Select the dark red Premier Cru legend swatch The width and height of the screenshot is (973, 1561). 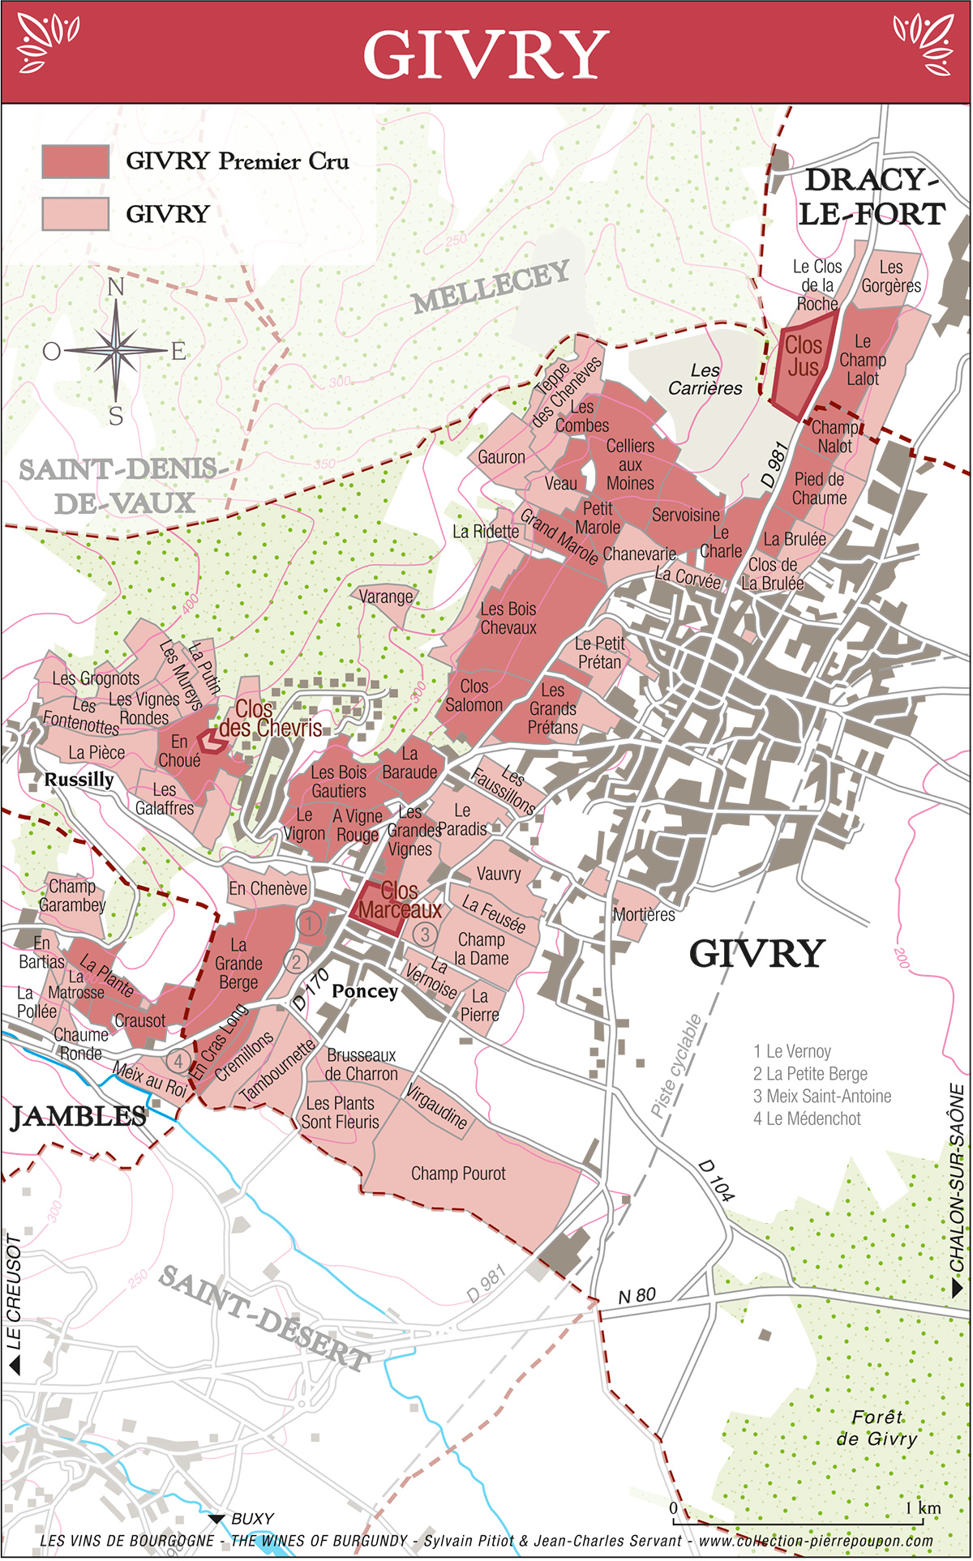[75, 162]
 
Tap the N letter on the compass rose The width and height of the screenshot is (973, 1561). [116, 288]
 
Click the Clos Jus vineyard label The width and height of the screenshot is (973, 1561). [803, 357]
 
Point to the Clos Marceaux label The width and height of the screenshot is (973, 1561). [399, 900]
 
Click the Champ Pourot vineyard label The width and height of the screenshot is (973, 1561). [458, 1174]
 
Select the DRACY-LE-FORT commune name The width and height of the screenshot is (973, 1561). [871, 197]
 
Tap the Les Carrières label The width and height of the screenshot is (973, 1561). [705, 379]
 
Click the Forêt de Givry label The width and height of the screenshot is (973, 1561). [877, 1428]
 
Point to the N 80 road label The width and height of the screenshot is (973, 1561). [637, 1295]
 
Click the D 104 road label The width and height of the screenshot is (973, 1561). [717, 1180]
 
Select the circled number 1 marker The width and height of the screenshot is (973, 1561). [309, 922]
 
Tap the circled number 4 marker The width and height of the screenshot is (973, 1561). [178, 1060]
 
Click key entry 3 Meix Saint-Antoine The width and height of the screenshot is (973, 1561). [822, 1097]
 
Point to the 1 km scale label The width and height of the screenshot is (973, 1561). [923, 1508]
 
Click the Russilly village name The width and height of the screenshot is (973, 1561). [79, 780]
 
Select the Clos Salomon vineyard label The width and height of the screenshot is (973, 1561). [474, 695]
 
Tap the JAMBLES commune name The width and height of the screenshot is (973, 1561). [79, 1117]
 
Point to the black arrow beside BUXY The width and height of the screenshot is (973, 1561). [216, 1519]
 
